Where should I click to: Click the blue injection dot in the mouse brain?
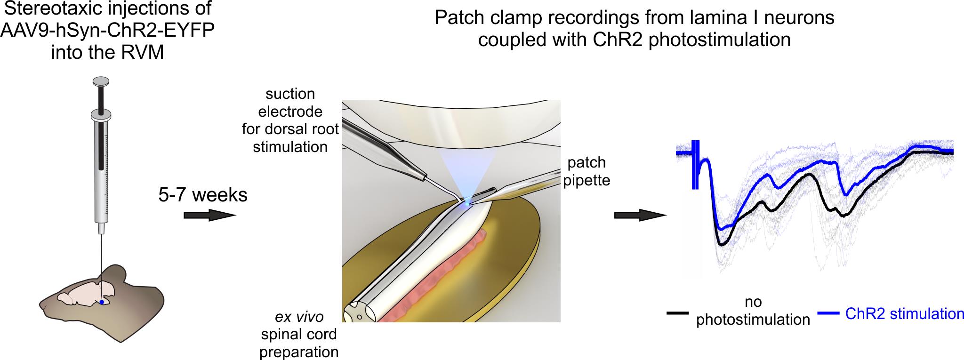point(101,302)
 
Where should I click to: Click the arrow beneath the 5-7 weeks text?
point(209,215)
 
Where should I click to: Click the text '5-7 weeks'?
point(203,194)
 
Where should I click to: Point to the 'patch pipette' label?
point(586,171)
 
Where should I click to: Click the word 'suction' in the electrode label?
point(290,94)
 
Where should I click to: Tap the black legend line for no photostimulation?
point(678,312)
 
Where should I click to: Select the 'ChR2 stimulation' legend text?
point(904,314)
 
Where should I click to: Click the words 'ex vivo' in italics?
point(299,317)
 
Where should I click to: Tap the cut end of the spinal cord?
point(357,313)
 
